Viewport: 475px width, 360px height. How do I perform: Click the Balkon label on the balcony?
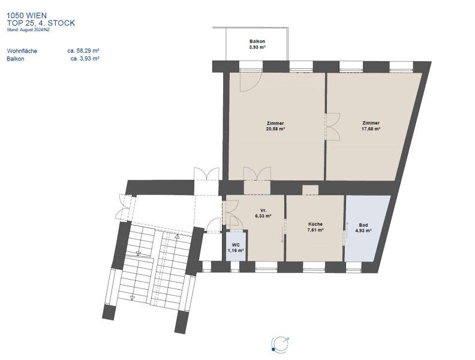click(x=257, y=41)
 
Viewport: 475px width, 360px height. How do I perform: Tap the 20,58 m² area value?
click(x=275, y=129)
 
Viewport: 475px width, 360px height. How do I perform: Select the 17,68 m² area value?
click(x=371, y=128)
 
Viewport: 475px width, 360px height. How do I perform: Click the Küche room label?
click(x=315, y=224)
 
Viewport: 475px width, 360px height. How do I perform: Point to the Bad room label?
click(x=363, y=225)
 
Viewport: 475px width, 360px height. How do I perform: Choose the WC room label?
click(x=236, y=245)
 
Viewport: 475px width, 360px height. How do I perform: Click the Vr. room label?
click(x=263, y=211)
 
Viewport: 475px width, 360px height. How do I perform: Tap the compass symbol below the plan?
click(x=280, y=344)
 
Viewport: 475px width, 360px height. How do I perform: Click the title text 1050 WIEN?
click(x=26, y=16)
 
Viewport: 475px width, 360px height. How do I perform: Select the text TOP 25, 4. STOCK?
click(x=41, y=23)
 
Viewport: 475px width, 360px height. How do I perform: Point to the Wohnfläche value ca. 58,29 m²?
click(x=83, y=50)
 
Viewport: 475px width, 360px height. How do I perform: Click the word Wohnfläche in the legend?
click(x=22, y=51)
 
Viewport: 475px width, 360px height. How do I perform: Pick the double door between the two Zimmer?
click(x=332, y=127)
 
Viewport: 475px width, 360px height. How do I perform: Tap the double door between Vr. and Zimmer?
click(x=257, y=174)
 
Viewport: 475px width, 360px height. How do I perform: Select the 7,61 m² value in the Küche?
click(x=315, y=230)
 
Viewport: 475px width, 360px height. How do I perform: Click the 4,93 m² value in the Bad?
click(x=363, y=230)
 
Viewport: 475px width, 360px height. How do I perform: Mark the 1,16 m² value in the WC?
click(x=236, y=251)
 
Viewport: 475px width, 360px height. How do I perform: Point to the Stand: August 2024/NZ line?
click(x=28, y=29)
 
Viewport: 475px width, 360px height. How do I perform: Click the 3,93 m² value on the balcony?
click(x=257, y=47)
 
